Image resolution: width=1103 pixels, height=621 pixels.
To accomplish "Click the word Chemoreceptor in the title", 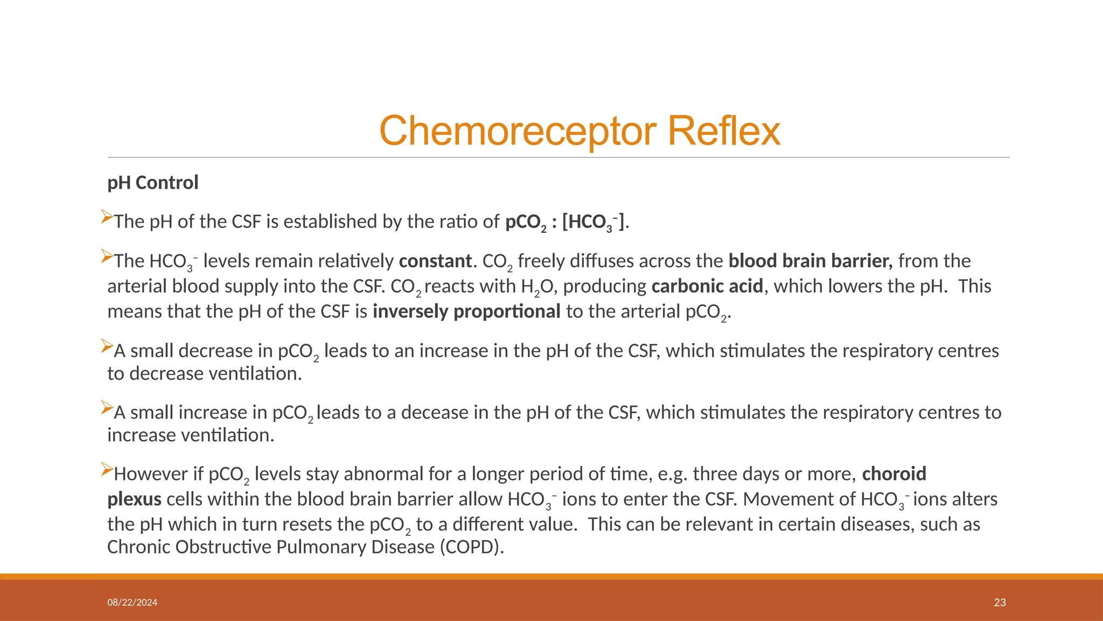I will (519, 131).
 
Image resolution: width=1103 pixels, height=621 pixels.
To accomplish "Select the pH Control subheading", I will (153, 183).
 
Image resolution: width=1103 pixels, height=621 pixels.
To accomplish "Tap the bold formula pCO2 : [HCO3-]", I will (565, 222).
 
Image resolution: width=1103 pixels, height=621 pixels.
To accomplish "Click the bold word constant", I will (435, 261).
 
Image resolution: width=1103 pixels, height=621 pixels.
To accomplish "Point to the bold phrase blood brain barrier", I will (810, 261).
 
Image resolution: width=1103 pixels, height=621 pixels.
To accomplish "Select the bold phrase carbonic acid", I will (707, 286).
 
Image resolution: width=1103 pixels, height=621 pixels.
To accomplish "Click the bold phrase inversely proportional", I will (466, 312).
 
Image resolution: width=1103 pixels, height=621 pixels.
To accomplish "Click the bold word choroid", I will (893, 474).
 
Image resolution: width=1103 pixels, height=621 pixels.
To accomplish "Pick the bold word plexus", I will (134, 500).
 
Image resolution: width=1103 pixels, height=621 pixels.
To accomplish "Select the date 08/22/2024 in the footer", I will (132, 603).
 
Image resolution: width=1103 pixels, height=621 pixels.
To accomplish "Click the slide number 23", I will (1000, 603).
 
